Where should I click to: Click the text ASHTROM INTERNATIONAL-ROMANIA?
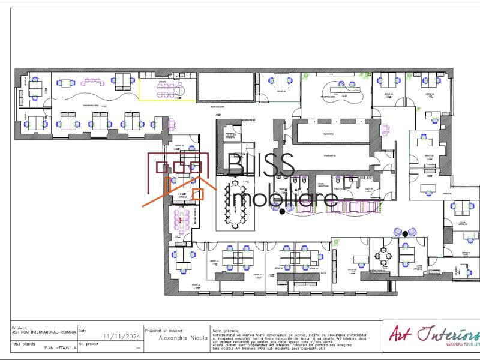tap(44, 332)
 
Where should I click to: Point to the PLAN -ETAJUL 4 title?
tap(60, 347)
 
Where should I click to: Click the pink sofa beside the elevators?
tap(384, 130)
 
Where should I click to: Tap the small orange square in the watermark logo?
tap(197, 194)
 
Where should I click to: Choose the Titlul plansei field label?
tap(23, 343)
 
